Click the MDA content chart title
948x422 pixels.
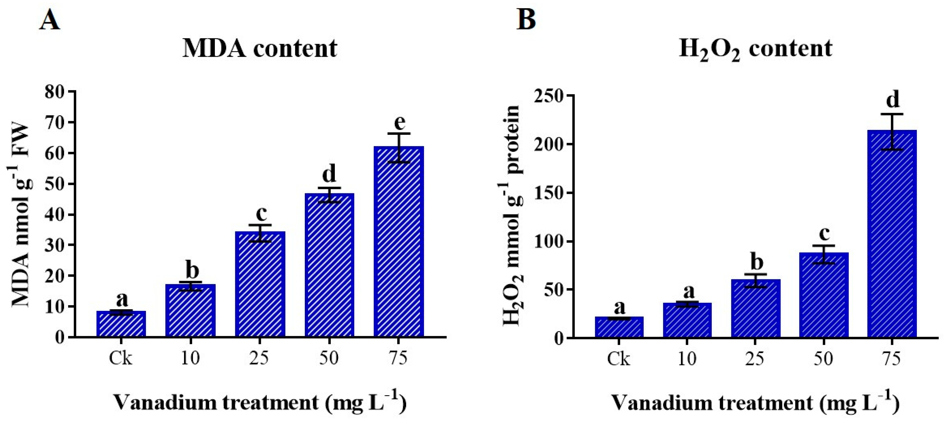point(260,49)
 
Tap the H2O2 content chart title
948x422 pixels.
point(755,49)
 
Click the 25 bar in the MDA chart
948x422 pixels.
point(260,284)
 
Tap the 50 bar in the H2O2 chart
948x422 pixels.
point(823,295)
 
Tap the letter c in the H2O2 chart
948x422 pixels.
point(824,233)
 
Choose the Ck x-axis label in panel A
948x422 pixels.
point(120,358)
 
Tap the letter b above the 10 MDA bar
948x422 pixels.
point(192,270)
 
